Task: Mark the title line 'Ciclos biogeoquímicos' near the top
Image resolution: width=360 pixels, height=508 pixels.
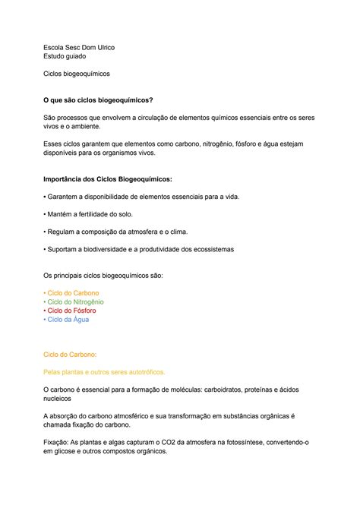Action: coord(77,74)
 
